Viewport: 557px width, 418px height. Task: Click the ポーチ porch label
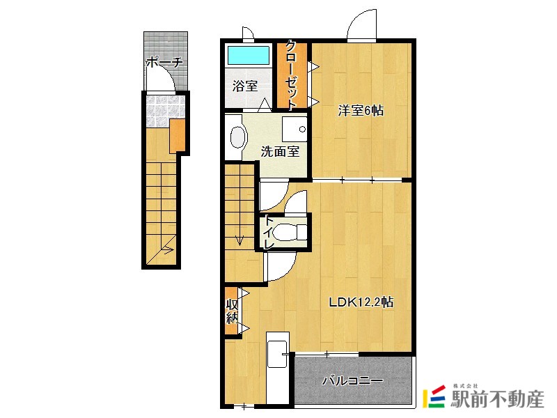point(164,63)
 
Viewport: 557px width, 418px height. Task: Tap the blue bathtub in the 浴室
point(249,55)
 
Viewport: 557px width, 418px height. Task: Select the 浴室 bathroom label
point(245,86)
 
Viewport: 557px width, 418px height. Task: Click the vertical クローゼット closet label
point(292,75)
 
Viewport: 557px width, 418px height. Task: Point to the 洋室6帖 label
point(361,111)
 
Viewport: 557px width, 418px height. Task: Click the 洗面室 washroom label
point(281,152)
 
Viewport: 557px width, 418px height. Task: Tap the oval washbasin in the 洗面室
point(238,137)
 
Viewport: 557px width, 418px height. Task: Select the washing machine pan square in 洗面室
point(295,129)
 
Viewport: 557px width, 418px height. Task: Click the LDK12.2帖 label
point(361,302)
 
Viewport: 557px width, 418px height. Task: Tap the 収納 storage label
point(232,311)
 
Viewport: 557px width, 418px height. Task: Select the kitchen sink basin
point(277,354)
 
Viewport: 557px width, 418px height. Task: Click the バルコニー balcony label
point(352,381)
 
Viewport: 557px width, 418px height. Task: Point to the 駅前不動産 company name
point(497,398)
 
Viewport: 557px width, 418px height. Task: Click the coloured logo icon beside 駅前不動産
point(434,396)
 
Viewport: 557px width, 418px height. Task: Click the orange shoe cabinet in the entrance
point(178,135)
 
